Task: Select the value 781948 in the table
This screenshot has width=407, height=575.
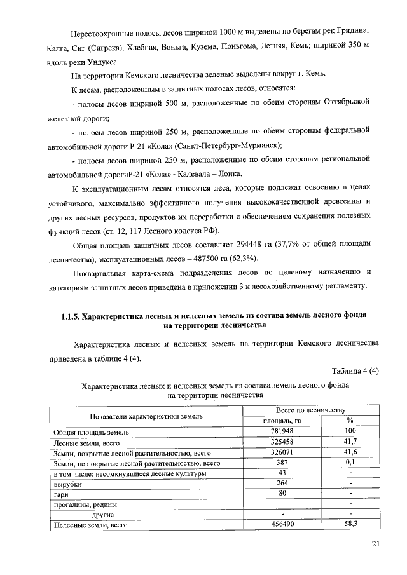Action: click(x=282, y=432)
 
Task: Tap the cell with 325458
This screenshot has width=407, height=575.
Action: click(x=282, y=442)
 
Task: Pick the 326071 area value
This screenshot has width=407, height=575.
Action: click(x=282, y=453)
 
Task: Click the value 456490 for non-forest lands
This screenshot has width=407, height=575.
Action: click(x=282, y=525)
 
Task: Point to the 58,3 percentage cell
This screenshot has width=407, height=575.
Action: click(x=350, y=525)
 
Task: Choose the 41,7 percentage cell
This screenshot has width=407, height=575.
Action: click(x=350, y=442)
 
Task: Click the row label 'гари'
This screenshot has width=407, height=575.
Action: click(x=62, y=494)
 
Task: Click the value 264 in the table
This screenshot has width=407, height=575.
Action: click(x=282, y=484)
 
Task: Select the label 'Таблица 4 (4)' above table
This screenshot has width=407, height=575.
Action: click(x=355, y=372)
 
